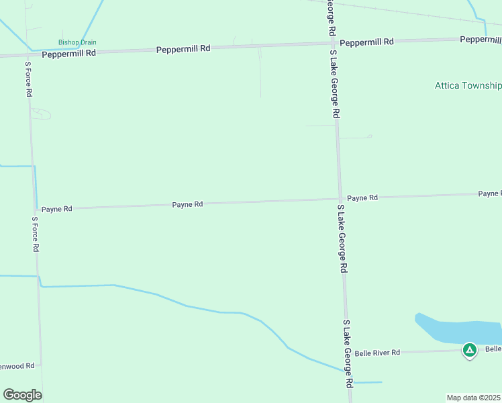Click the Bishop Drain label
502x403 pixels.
click(x=77, y=42)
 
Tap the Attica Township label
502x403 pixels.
click(x=468, y=86)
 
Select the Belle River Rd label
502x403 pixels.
click(x=377, y=353)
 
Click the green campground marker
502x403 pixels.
click(x=470, y=350)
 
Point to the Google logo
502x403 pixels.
click(x=22, y=395)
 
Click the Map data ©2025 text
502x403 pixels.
click(x=474, y=398)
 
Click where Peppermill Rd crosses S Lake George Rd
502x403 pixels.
click(x=332, y=44)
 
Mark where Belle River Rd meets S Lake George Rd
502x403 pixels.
click(x=348, y=352)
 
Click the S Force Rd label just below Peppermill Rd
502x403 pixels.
click(x=29, y=80)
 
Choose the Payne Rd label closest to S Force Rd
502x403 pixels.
click(x=56, y=209)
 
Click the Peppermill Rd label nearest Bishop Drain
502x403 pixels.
click(x=68, y=53)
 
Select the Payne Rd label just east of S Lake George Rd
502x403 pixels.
click(x=362, y=197)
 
